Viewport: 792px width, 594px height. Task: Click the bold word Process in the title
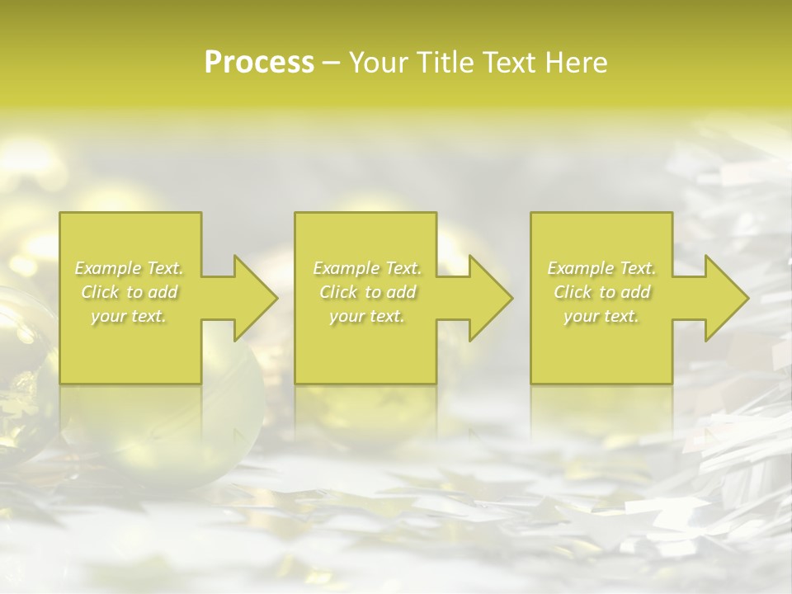point(259,63)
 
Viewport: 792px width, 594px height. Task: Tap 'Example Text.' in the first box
point(130,268)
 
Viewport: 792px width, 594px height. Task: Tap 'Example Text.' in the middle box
point(367,268)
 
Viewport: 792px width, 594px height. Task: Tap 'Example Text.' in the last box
point(601,268)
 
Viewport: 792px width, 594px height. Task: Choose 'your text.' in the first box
point(130,316)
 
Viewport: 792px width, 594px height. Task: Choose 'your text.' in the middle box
point(367,316)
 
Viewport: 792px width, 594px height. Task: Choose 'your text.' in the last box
point(601,316)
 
